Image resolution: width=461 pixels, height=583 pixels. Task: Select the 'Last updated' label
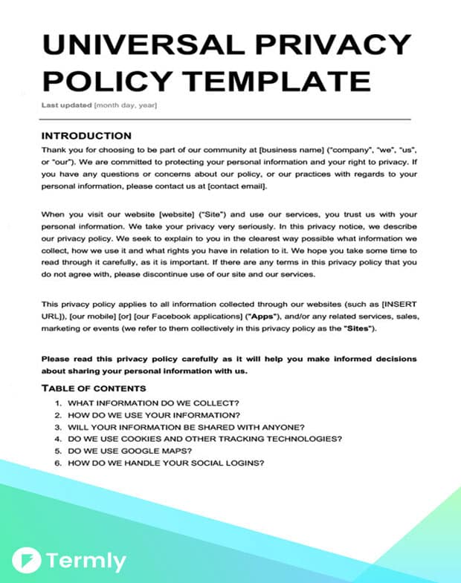point(66,105)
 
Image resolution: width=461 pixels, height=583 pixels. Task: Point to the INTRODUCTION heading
point(86,136)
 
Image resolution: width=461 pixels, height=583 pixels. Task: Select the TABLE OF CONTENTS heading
point(94,388)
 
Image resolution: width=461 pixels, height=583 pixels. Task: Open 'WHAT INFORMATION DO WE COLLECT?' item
point(153,403)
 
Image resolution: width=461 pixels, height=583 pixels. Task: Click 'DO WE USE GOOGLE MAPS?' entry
point(131,451)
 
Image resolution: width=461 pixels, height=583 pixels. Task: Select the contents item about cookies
point(204,439)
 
